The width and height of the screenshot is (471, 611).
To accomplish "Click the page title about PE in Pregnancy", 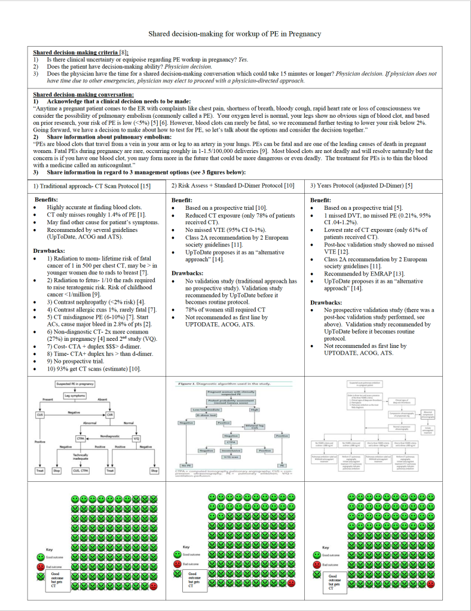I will pyautogui.click(x=235, y=34).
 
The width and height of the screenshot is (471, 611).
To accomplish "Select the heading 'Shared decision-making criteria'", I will pyautogui.click(x=75, y=53).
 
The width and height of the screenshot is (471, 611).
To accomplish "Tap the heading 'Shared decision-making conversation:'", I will pyautogui.click(x=83, y=94).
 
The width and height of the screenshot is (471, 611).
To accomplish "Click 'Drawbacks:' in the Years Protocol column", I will pyautogui.click(x=326, y=303).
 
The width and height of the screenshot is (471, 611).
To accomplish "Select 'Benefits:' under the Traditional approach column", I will pyautogui.click(x=46, y=200).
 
